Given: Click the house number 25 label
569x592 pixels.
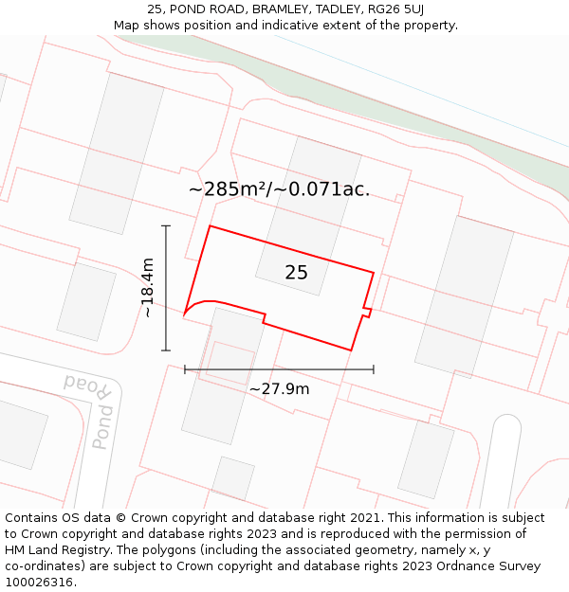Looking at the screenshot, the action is pos(296,273).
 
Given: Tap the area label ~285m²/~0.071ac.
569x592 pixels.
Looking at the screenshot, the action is pos(279,189).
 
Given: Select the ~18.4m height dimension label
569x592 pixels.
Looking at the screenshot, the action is pos(147,288).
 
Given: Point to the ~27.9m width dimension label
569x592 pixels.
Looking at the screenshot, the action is pos(279,388).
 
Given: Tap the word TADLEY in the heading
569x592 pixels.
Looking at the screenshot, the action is pos(316,9).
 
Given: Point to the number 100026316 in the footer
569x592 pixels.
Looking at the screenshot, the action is pos(37,583).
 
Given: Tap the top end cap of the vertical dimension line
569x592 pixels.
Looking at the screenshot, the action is pos(166,226).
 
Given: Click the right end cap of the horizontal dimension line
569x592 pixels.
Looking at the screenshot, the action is pos(374,369).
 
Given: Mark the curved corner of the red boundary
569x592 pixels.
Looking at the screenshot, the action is pos(193,304).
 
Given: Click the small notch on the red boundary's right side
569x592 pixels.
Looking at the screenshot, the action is pos(367,310).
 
